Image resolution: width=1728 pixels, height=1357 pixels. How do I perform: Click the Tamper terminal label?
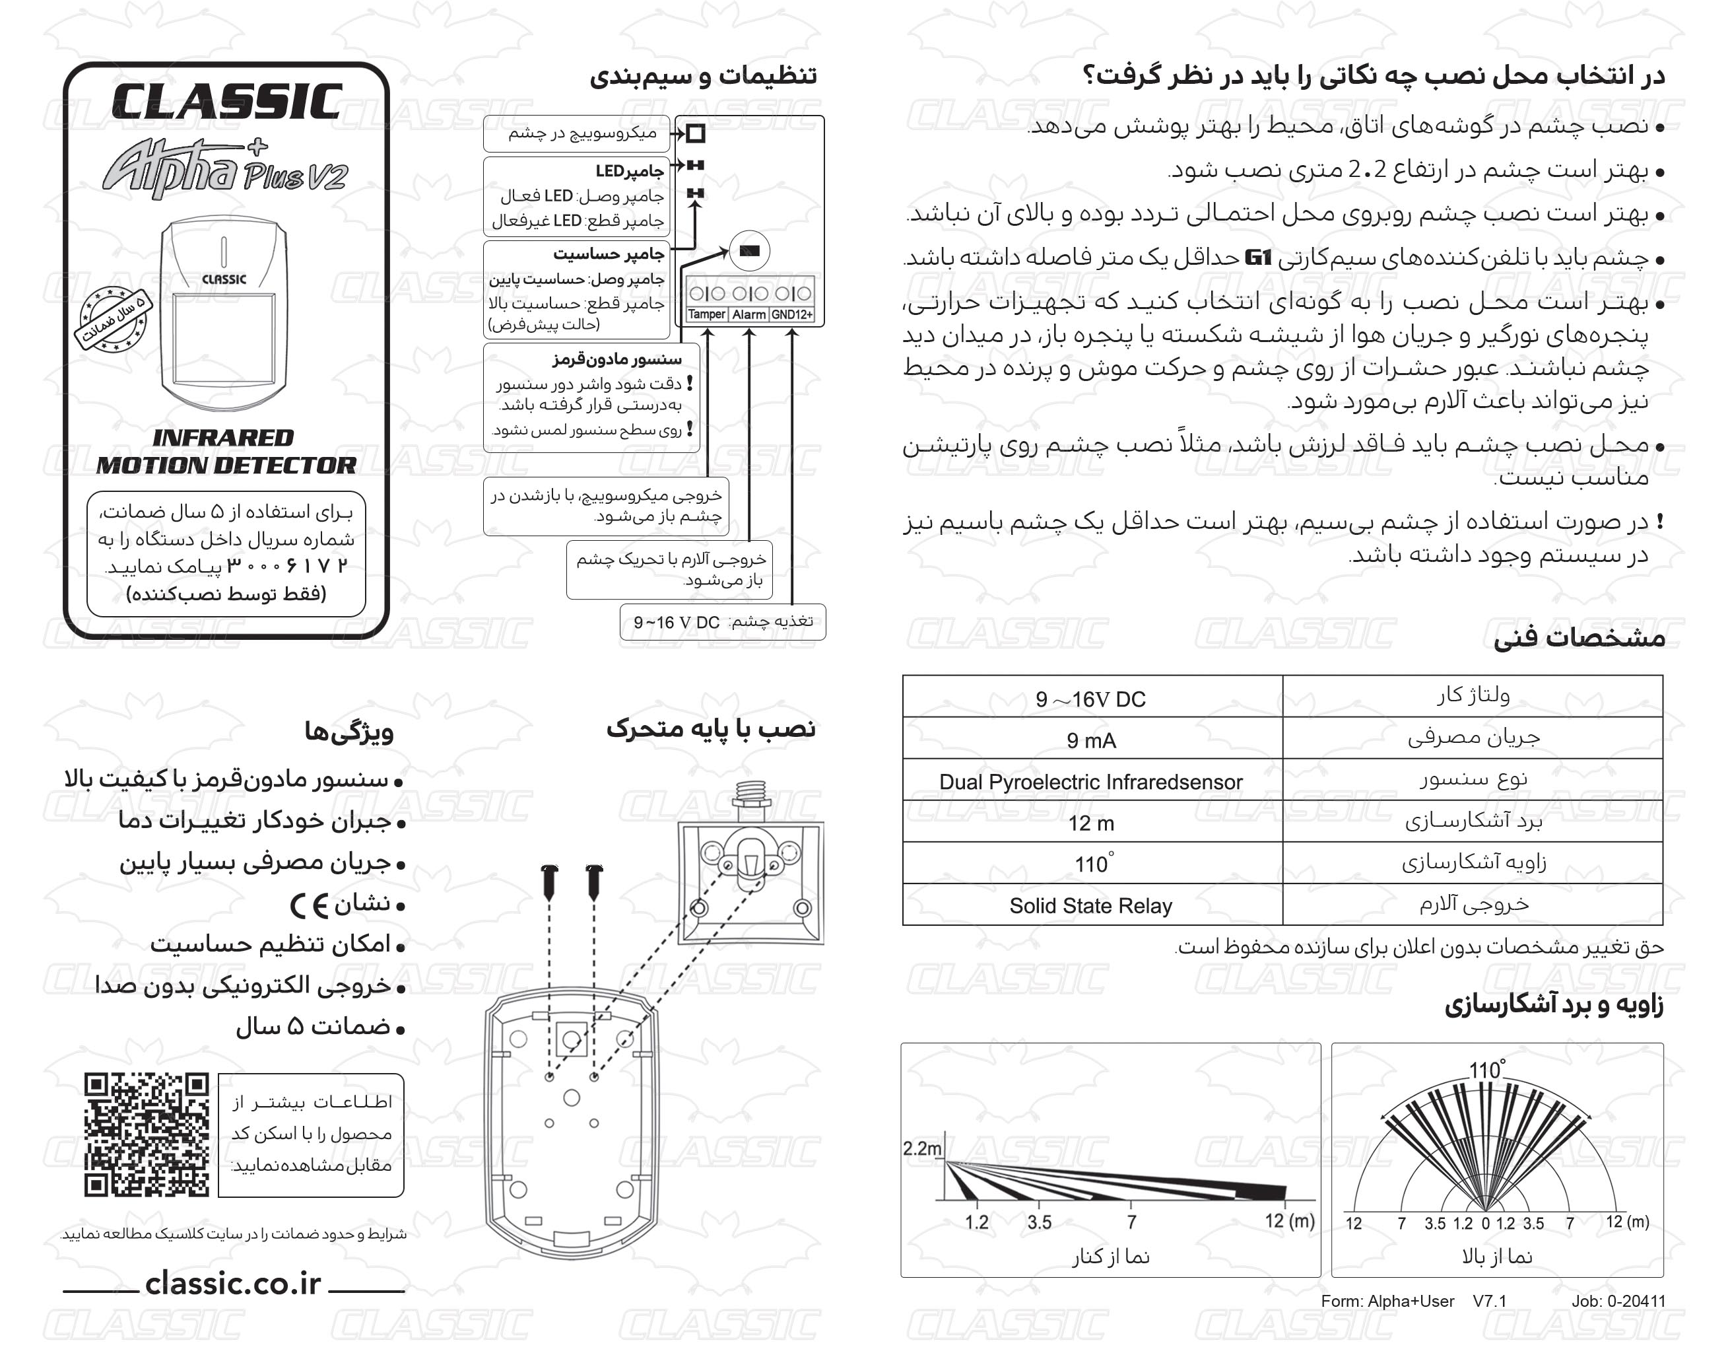coord(706,314)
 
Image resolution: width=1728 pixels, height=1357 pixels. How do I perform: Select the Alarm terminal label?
coord(749,314)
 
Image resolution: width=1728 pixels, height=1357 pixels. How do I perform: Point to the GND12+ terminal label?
coord(792,314)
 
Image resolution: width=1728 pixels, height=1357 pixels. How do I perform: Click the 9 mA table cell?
coord(1091,740)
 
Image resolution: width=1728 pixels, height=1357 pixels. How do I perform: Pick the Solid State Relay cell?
coord(1090,906)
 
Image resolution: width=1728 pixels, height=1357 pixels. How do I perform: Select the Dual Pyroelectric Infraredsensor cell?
coord(1090,782)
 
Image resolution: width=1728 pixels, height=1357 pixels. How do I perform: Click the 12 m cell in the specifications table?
coord(1091,823)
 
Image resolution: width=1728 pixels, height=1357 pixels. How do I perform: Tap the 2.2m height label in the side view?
coord(921,1148)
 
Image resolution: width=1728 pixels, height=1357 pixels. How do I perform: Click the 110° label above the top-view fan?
coord(1486,1070)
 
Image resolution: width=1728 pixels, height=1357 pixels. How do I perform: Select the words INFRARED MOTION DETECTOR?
coord(226,451)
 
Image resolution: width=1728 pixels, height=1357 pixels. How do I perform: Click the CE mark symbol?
coord(309,905)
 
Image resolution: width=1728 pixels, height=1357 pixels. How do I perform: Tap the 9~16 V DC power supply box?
coord(723,622)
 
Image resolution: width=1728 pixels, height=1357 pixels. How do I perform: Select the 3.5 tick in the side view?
coord(1039,1222)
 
